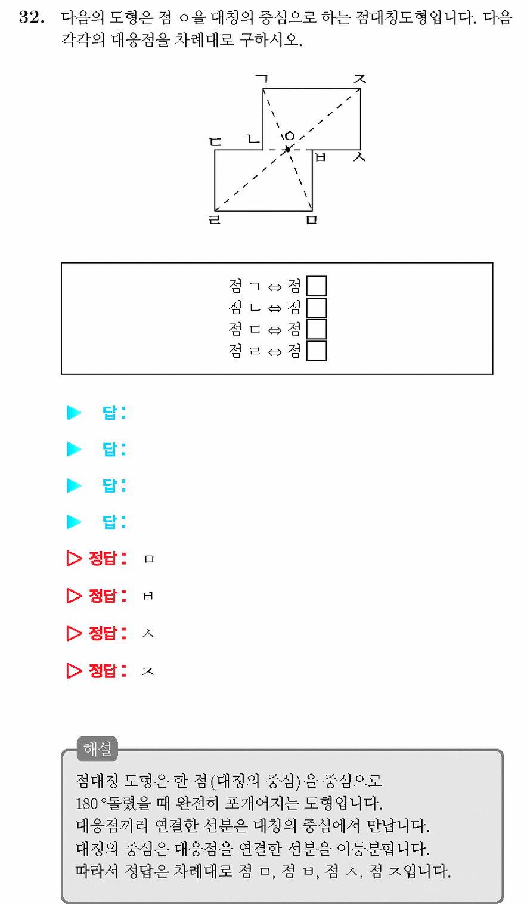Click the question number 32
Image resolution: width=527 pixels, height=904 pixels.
click(x=32, y=17)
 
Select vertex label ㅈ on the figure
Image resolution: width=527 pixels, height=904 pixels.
click(x=359, y=79)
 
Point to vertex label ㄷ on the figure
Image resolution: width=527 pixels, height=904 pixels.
click(x=215, y=142)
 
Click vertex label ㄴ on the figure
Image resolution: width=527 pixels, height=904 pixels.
click(x=253, y=140)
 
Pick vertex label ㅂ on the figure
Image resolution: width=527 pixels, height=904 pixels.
click(x=320, y=157)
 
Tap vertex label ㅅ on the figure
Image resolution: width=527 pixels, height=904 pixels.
click(x=359, y=157)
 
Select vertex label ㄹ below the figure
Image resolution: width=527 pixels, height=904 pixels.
click(x=214, y=219)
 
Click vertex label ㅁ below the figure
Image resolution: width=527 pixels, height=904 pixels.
click(x=312, y=220)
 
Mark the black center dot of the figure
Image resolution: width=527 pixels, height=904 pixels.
click(x=288, y=150)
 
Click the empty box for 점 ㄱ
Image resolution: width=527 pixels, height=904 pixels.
click(x=317, y=286)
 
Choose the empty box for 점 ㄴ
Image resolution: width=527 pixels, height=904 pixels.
click(x=317, y=308)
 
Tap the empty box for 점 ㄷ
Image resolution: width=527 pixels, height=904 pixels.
click(x=317, y=329)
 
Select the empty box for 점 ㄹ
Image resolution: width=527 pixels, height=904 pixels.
click(x=317, y=351)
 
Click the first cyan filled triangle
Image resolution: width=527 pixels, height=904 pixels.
click(x=74, y=413)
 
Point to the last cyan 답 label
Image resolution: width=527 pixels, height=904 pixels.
click(x=110, y=522)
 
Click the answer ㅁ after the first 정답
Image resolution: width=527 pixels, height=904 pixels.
click(x=149, y=559)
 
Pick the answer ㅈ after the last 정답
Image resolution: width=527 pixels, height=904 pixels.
click(x=148, y=671)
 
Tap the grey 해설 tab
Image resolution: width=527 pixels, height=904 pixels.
click(x=97, y=749)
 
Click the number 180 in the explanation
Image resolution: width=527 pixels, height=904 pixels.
click(x=86, y=804)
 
